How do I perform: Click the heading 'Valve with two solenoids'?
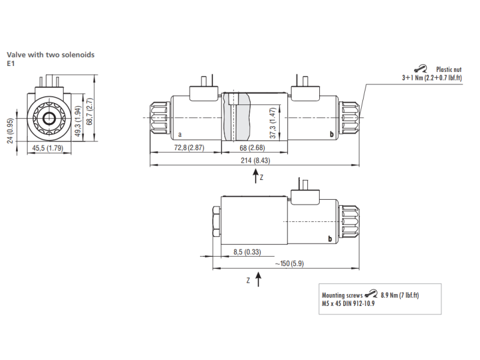click(50, 55)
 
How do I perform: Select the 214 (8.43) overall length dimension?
click(256, 160)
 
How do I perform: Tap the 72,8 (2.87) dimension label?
click(189, 148)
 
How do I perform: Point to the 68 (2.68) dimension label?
click(252, 148)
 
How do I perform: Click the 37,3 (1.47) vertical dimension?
click(273, 123)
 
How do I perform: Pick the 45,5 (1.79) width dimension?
click(47, 148)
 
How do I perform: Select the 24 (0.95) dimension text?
click(10, 131)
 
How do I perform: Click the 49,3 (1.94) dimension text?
click(79, 122)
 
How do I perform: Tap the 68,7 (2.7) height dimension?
click(89, 112)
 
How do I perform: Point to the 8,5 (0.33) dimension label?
click(247, 252)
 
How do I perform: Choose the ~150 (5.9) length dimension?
click(289, 263)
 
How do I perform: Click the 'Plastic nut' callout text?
click(449, 70)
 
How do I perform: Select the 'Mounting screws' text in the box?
click(342, 295)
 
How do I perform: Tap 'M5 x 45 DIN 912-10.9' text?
click(348, 304)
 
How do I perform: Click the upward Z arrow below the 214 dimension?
click(256, 176)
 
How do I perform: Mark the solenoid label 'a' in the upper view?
click(179, 134)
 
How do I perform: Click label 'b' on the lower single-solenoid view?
click(329, 238)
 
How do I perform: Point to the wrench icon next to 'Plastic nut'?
click(421, 68)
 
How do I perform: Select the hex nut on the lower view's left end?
click(217, 221)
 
